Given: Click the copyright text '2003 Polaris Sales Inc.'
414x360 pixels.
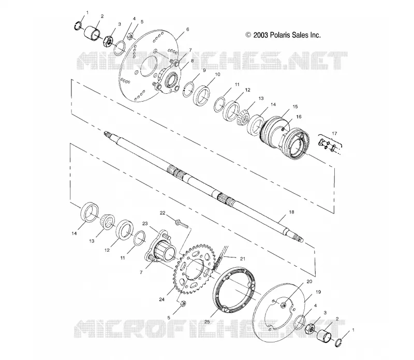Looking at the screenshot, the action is [x=287, y=35].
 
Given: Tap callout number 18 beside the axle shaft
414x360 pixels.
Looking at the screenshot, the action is [x=291, y=212].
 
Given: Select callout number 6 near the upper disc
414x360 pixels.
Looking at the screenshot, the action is [x=187, y=30].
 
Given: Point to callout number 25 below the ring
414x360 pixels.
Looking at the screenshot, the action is [x=208, y=322].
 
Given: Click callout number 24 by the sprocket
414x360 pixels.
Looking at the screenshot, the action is [x=162, y=299].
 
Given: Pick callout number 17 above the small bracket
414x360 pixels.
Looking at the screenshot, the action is [x=334, y=134].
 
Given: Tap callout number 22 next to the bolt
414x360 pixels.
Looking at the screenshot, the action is [x=162, y=213].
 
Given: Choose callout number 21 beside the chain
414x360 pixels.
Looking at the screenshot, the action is [x=243, y=259].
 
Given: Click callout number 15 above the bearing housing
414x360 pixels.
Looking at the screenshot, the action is [x=295, y=107].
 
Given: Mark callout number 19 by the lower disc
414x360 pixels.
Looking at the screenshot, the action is [x=318, y=292].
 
